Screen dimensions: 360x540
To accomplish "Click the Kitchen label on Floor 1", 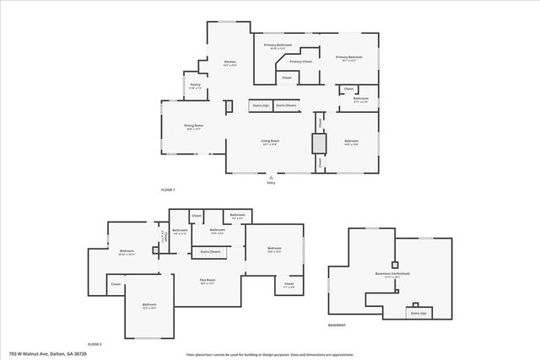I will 229,64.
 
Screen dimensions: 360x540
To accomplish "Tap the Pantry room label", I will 195,86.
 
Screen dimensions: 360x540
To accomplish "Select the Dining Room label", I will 193,127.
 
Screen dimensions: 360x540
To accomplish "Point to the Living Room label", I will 269,142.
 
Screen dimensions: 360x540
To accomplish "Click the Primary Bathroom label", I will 278,46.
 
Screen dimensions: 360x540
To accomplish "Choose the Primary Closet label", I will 301,62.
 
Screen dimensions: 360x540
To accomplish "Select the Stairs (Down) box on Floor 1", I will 286,105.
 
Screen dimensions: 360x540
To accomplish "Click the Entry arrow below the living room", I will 271,180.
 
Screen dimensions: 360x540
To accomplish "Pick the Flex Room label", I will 208,281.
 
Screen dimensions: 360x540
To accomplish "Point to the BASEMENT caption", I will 337,325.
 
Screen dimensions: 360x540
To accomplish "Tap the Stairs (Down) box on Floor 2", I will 210,251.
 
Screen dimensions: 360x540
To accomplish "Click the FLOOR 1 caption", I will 168,190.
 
